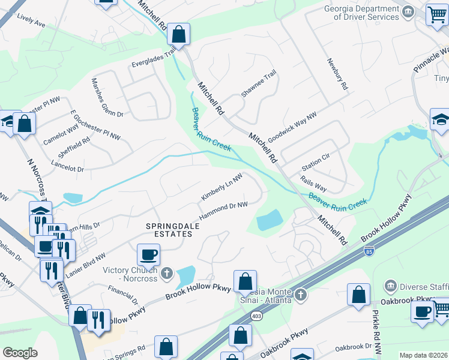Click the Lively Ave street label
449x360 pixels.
pyautogui.click(x=31, y=23)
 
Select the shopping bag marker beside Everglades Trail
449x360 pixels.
pyautogui.click(x=179, y=34)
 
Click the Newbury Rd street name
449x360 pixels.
pyautogui.click(x=337, y=74)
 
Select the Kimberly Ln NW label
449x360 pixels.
pyautogui.click(x=221, y=187)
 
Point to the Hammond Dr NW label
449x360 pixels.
pyautogui.click(x=224, y=210)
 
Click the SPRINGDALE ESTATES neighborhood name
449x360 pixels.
pyautogui.click(x=170, y=230)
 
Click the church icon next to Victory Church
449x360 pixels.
pyautogui.click(x=167, y=274)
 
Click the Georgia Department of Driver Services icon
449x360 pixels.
pyautogui.click(x=408, y=12)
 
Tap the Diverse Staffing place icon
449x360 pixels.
pyautogui.click(x=391, y=285)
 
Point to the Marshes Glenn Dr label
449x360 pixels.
pyautogui.click(x=107, y=97)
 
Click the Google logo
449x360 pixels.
pyautogui.click(x=20, y=353)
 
